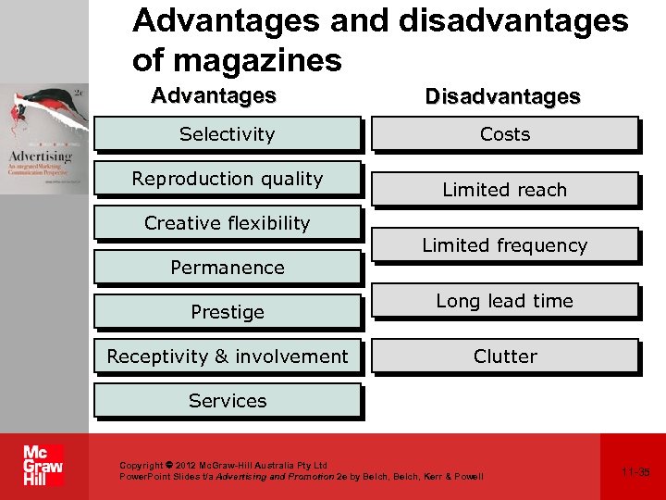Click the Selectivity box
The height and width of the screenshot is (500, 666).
coord(227,134)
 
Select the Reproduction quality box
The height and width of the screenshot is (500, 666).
coord(227,179)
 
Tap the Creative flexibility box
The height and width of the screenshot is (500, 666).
coord(227,223)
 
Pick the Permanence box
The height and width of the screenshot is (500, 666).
coord(227,268)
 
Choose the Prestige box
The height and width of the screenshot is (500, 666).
coord(227,312)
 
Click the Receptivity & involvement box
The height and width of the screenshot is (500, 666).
coord(227,356)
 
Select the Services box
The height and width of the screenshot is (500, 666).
coord(227,401)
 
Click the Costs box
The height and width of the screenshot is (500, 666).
coord(504,134)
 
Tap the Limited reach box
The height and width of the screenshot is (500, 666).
coord(504,190)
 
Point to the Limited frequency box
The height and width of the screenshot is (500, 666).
coord(504,245)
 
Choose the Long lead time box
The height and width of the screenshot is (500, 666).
coord(504,301)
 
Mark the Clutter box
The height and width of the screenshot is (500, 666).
coord(504,356)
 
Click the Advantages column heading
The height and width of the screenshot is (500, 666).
coord(214,95)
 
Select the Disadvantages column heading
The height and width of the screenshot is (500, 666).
coord(502,96)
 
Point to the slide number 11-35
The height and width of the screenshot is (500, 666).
coord(635,472)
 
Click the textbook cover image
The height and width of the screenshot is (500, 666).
coord(44,139)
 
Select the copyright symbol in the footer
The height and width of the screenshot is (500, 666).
coord(169,466)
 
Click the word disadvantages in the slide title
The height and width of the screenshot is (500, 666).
coord(513,20)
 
